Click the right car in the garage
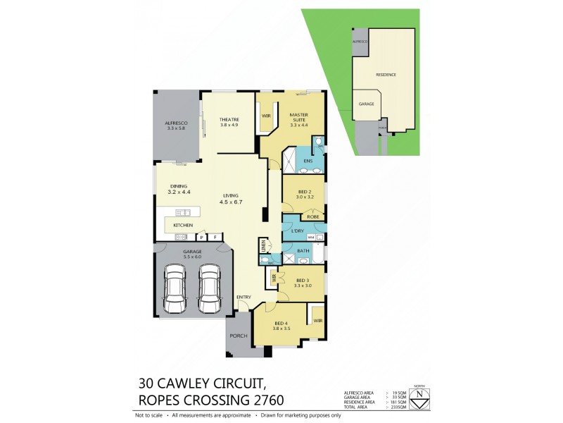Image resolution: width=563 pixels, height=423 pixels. pyautogui.click(x=209, y=289)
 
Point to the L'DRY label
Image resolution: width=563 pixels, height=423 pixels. pyautogui.click(x=296, y=231)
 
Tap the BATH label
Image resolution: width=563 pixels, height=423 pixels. pyautogui.click(x=303, y=250)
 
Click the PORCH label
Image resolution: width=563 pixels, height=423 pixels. pyautogui.click(x=238, y=336)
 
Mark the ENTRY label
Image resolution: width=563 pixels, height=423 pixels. pyautogui.click(x=243, y=297)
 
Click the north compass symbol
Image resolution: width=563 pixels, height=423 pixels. pyautogui.click(x=420, y=396)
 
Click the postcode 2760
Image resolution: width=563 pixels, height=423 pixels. pyautogui.click(x=262, y=400)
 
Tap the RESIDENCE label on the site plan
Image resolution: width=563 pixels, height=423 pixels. pyautogui.click(x=386, y=74)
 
